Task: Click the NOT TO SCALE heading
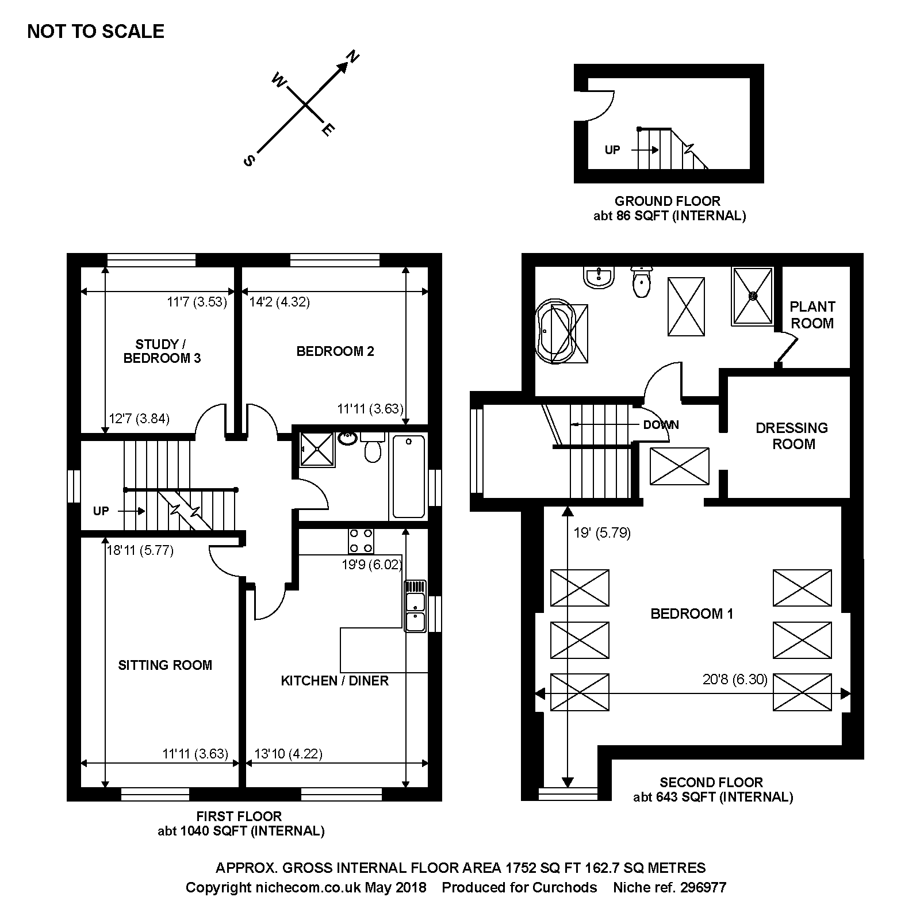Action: click(x=95, y=31)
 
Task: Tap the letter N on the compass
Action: click(x=352, y=56)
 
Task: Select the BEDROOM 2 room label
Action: click(x=335, y=351)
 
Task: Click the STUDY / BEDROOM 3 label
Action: click(x=162, y=351)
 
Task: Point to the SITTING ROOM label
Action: click(x=165, y=665)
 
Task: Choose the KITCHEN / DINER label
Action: click(x=335, y=681)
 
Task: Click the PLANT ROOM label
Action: click(x=812, y=315)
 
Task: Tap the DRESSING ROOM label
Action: click(x=792, y=436)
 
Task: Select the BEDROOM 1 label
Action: click(x=692, y=614)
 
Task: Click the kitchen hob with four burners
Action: click(x=361, y=540)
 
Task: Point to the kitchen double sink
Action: click(x=416, y=606)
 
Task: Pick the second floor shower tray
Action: click(x=753, y=296)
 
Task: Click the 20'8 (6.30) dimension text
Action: click(x=735, y=680)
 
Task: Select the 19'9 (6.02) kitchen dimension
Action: click(x=372, y=565)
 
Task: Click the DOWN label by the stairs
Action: click(x=661, y=425)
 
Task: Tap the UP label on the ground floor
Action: click(x=612, y=150)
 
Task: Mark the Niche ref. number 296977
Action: click(x=703, y=887)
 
